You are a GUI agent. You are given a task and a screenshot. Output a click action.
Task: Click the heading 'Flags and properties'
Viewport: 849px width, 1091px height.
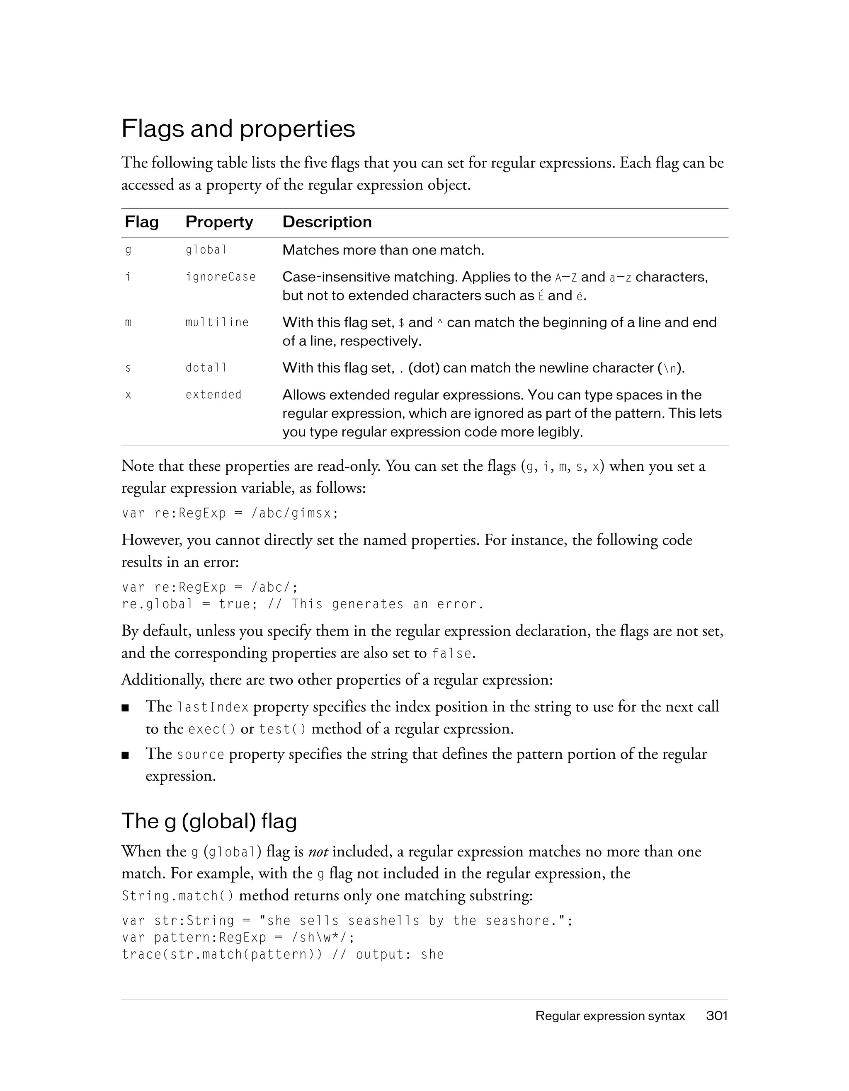238,129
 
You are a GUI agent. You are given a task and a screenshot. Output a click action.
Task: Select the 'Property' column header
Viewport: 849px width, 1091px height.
219,222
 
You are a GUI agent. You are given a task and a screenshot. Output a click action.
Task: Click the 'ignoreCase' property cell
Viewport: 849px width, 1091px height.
221,277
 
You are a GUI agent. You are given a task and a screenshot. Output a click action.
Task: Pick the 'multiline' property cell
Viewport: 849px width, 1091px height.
217,322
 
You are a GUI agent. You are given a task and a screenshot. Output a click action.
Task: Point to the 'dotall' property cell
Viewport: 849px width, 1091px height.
206,368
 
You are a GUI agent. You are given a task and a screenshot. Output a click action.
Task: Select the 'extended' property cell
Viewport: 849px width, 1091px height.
213,394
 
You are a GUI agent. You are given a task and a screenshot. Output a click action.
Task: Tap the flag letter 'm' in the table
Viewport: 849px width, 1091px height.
128,323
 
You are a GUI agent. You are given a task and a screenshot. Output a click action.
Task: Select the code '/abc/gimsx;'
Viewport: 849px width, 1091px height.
295,513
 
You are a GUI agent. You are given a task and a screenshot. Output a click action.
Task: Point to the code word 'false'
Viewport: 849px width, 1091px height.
452,653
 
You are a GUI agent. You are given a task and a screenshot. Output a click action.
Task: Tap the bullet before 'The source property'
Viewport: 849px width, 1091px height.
126,755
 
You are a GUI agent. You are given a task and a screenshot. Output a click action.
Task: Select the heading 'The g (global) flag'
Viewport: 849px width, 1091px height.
209,821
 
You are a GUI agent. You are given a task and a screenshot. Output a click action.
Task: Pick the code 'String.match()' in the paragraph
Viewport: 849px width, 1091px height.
177,896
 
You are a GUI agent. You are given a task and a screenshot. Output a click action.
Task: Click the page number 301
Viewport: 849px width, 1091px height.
717,1016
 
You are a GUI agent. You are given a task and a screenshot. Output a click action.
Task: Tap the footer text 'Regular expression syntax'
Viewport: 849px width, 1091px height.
610,1016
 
